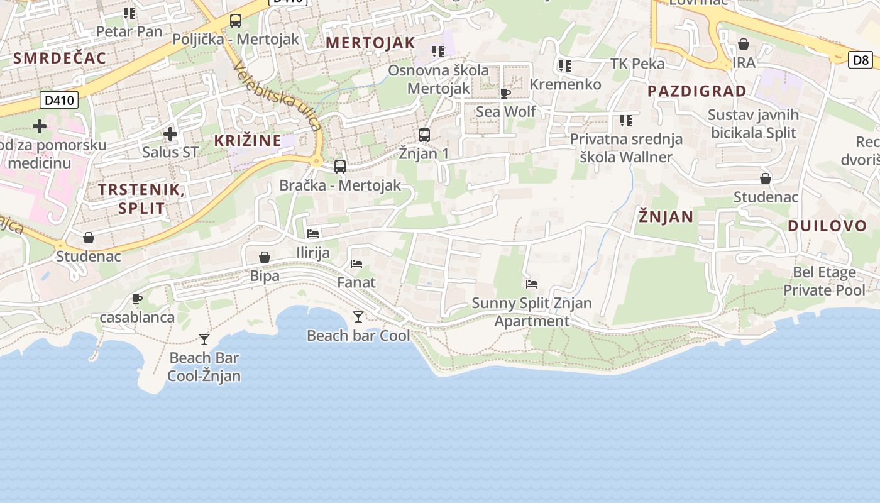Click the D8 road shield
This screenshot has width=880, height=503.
tap(862, 60)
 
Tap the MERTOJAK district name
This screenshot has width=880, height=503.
tap(371, 43)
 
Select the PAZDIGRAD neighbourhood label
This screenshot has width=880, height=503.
tap(697, 91)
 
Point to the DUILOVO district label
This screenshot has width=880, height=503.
tap(827, 226)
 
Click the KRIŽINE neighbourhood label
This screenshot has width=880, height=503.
tap(248, 140)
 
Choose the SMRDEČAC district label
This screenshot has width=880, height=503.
tap(60, 58)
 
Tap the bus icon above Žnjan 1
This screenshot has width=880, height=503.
tap(424, 135)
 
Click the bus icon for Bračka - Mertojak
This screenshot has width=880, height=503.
tap(340, 167)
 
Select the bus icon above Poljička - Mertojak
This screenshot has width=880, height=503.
tap(236, 21)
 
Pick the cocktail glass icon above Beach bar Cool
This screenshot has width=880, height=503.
tap(358, 317)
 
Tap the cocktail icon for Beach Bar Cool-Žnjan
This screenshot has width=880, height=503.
tap(204, 340)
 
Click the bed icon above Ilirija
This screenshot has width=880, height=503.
tap(313, 234)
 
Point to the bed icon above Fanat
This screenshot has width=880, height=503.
tap(356, 264)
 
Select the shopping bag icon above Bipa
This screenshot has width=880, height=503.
tap(265, 257)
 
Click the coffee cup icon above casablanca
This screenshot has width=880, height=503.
tap(137, 299)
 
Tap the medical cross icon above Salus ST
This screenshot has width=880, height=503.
tap(170, 134)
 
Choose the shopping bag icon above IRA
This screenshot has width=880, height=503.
tap(744, 44)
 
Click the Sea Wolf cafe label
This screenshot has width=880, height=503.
tap(505, 112)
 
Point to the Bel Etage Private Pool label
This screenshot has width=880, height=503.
tap(824, 281)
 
